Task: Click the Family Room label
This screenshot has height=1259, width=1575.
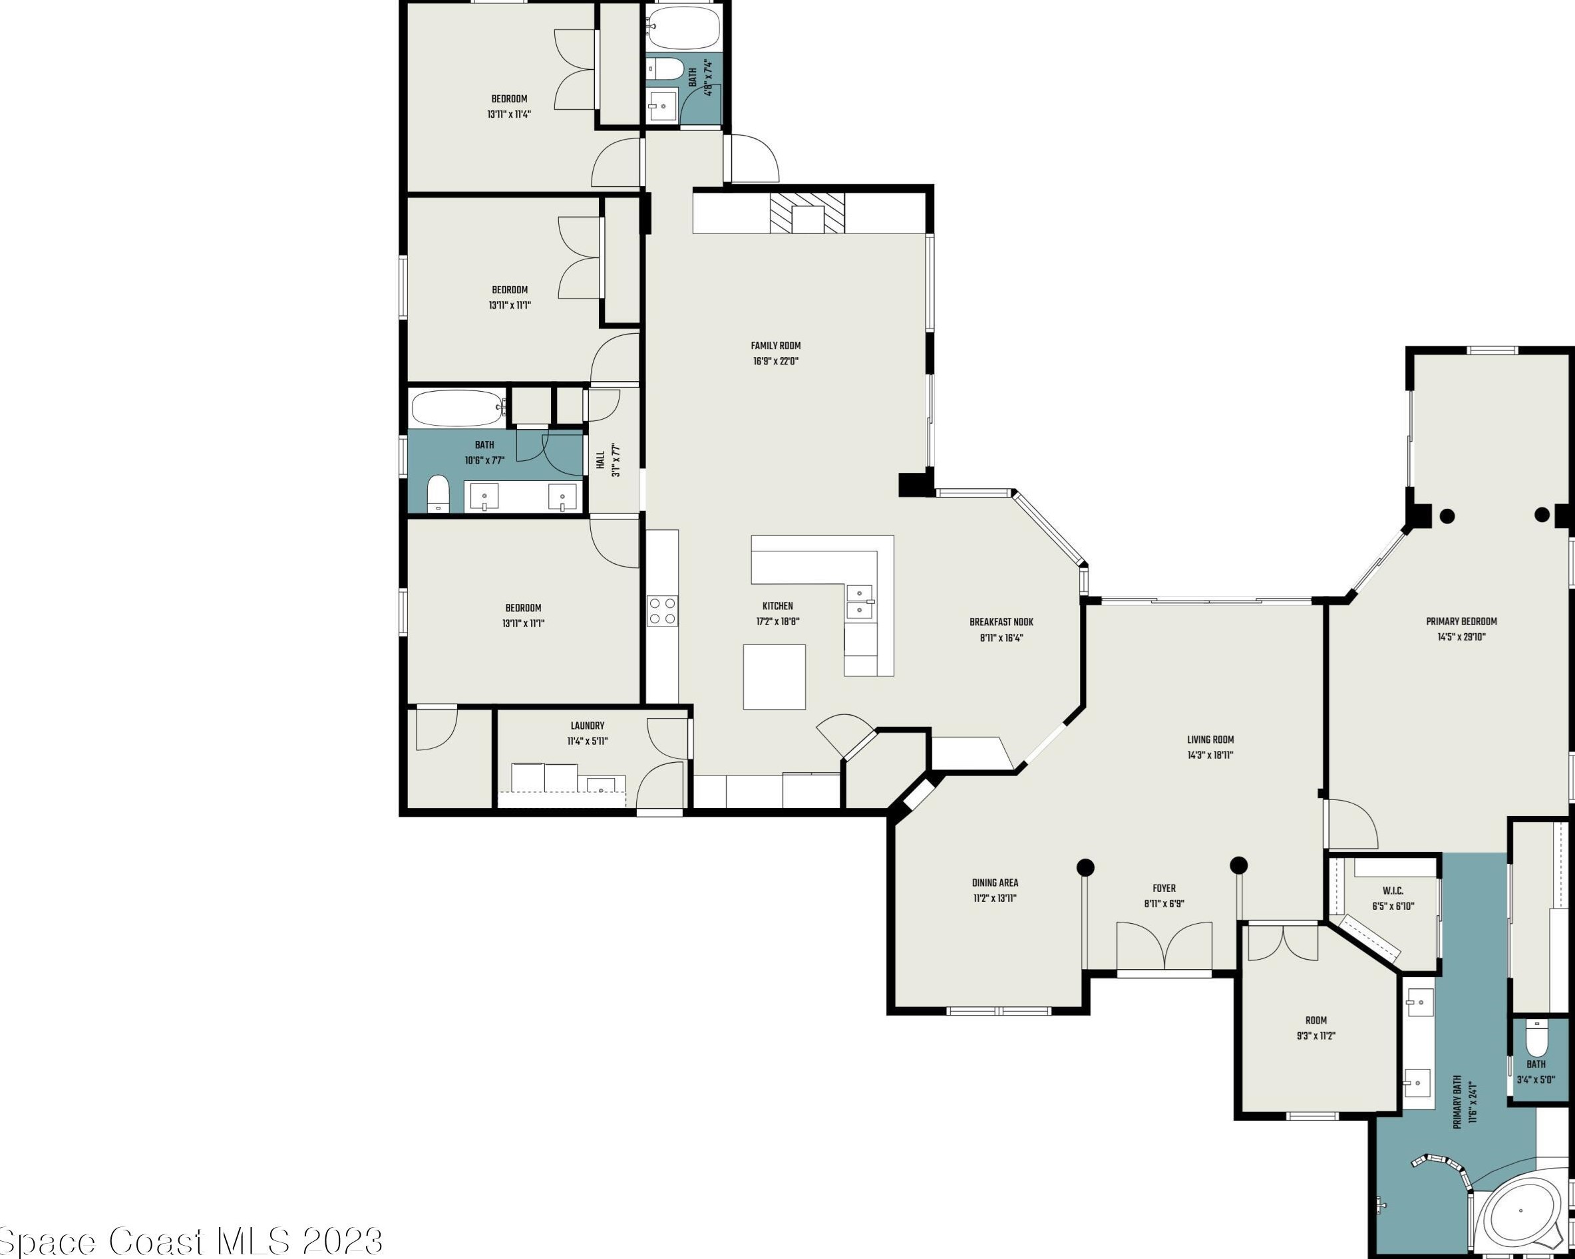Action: pyautogui.click(x=776, y=346)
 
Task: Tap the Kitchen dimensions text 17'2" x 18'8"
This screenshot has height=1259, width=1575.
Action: pyautogui.click(x=777, y=621)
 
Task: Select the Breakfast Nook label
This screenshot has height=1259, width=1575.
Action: pyautogui.click(x=1001, y=623)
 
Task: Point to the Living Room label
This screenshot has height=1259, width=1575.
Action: pyautogui.click(x=1210, y=740)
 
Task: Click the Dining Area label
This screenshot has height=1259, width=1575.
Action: pyautogui.click(x=995, y=883)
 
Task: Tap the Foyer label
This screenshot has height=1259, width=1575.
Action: pyautogui.click(x=1164, y=889)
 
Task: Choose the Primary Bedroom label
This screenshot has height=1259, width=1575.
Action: pyautogui.click(x=1462, y=621)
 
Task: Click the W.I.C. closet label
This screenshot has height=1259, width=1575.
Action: pyautogui.click(x=1393, y=891)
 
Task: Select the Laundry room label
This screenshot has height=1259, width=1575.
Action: pyautogui.click(x=588, y=726)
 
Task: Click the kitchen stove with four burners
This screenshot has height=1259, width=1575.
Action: pyautogui.click(x=662, y=611)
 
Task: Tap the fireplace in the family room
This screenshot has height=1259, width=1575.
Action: pyautogui.click(x=807, y=213)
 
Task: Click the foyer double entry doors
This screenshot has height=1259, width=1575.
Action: pyautogui.click(x=1164, y=947)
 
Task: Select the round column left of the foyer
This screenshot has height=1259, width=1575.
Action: pyautogui.click(x=1085, y=867)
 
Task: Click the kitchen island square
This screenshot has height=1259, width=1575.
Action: pyautogui.click(x=775, y=677)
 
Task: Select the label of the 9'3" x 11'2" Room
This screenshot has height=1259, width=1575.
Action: pyautogui.click(x=1315, y=1020)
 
